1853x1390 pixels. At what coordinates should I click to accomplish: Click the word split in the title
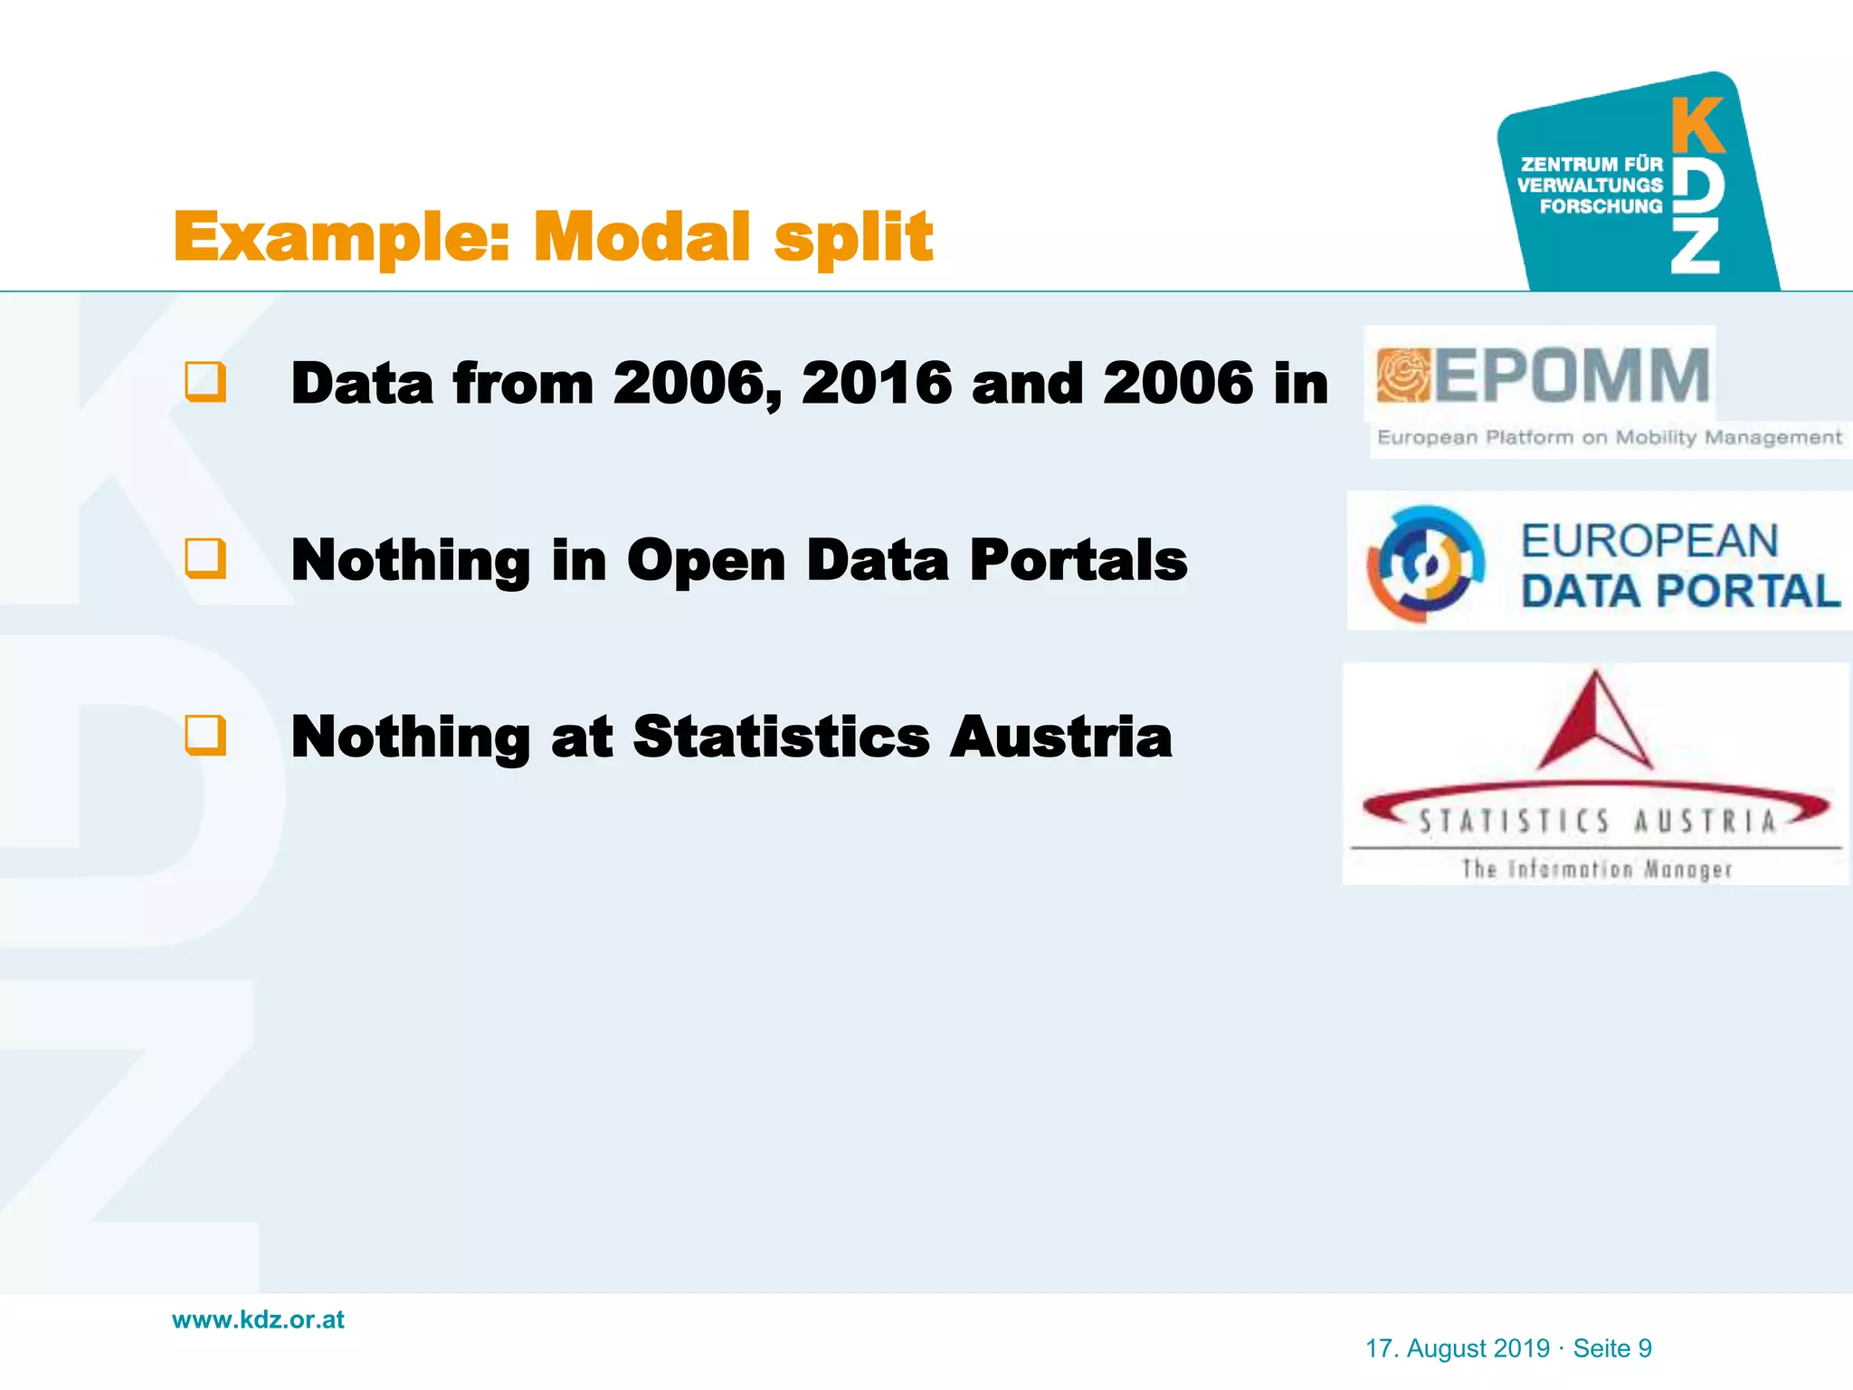853,237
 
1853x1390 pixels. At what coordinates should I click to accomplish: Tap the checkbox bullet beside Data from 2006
205,382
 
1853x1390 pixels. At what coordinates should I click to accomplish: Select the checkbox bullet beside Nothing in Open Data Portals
205,558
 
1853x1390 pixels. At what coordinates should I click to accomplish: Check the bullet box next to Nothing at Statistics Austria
205,735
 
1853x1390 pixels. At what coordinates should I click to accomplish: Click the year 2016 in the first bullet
876,383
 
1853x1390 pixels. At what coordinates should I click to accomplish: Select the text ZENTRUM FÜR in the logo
1592,164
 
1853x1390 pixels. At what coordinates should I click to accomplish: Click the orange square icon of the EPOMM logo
1402,375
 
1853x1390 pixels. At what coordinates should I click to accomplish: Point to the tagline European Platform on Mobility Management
1609,438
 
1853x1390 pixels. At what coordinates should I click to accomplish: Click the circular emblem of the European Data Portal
1425,563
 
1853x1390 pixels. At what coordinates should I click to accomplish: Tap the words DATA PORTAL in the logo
1680,592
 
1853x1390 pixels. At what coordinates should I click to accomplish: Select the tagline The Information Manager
1597,869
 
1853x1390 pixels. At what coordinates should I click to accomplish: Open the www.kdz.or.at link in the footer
258,1319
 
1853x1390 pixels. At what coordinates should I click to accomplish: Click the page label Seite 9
1612,1348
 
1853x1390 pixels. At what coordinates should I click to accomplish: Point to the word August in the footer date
1478,1348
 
